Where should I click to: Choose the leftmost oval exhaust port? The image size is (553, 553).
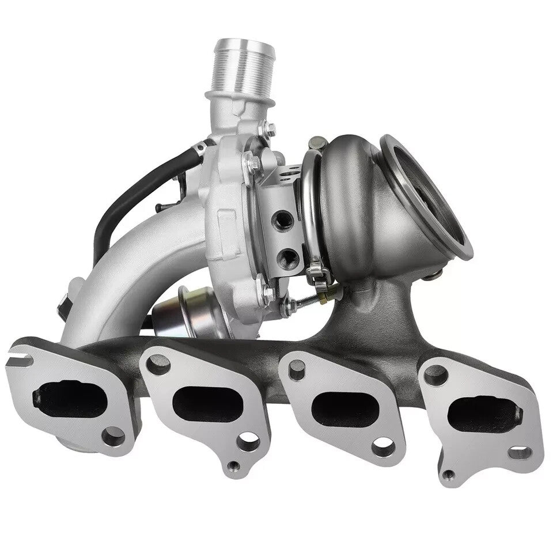(69, 397)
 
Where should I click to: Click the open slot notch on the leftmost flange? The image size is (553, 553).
(21, 360)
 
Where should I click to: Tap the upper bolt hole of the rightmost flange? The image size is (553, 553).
(435, 375)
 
